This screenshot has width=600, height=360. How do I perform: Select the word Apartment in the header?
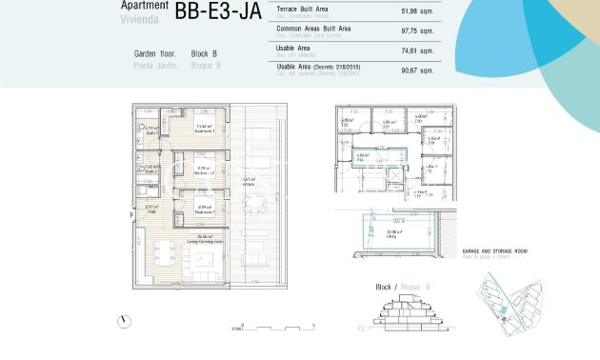click(145, 6)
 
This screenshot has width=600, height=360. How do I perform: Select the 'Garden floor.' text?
click(157, 54)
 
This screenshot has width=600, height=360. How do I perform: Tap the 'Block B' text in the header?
click(205, 54)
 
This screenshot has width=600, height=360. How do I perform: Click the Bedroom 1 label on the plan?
click(204, 130)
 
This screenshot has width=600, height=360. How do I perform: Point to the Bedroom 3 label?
click(204, 210)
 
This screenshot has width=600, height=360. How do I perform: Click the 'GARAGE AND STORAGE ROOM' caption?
click(493, 252)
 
